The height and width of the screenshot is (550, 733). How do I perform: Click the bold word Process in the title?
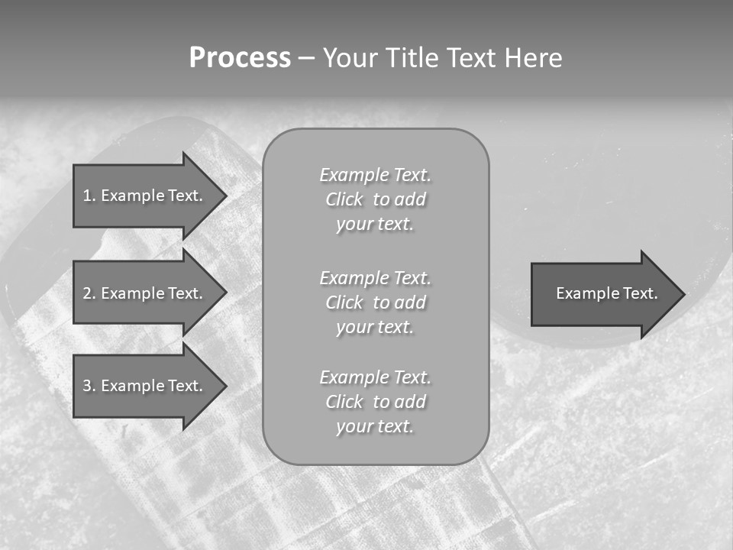coord(240,58)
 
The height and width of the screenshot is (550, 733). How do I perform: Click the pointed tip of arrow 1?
coord(225,196)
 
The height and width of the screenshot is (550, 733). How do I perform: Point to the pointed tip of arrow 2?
coord(225,293)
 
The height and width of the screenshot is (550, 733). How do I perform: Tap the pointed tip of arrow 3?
coord(225,386)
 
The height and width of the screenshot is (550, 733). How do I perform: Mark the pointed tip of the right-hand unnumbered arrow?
coord(683,294)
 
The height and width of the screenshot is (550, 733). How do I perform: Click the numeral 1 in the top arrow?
coord(87,196)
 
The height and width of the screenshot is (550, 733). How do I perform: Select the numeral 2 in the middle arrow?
coord(87,293)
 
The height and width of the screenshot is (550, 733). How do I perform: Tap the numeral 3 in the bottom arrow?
coord(87,386)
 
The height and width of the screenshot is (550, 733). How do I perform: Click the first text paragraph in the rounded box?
coord(375,199)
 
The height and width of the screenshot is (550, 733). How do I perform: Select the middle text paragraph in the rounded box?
coord(375,302)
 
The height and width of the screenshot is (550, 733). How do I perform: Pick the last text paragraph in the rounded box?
coord(375,402)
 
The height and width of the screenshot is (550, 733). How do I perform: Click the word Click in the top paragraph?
coord(344,199)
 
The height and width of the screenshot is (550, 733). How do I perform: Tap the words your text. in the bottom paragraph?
coord(375,426)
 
